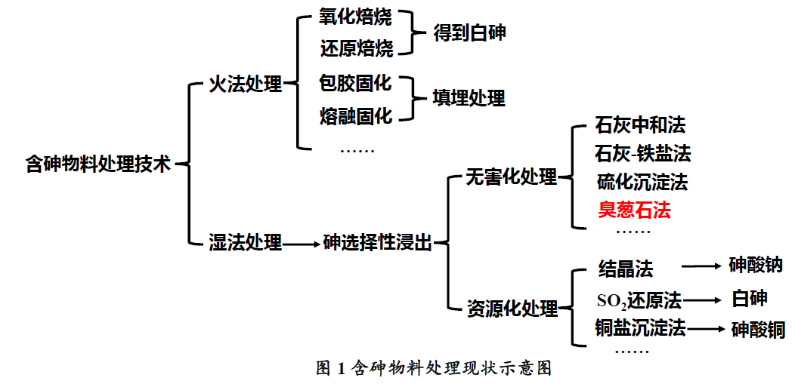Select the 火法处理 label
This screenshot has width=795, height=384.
245,84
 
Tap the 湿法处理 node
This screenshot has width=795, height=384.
245,243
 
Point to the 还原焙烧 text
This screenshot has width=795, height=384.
356,49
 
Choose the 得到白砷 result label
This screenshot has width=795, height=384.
469,33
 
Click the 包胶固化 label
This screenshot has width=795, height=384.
356,84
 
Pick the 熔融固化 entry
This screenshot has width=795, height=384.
356,115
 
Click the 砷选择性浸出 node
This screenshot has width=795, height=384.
378,243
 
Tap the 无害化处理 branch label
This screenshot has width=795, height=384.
511,178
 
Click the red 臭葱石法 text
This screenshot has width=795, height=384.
634,210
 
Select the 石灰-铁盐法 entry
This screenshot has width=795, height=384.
642,154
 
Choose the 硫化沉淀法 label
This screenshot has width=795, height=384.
642,182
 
